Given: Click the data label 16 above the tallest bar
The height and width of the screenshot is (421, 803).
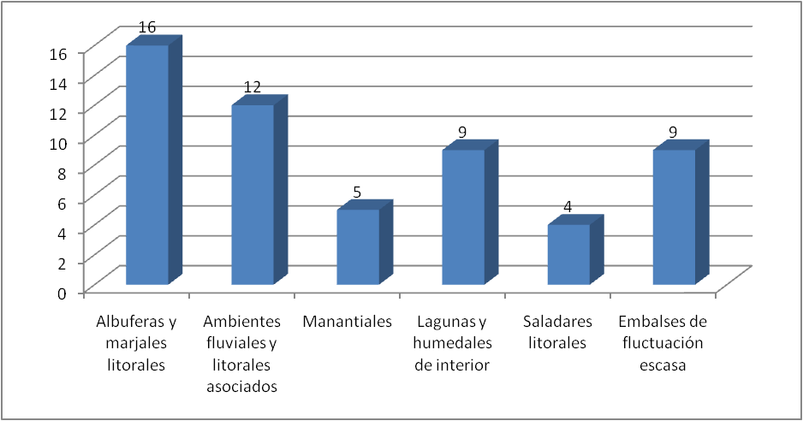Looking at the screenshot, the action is click(147, 27).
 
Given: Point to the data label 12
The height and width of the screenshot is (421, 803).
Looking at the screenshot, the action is click(252, 86).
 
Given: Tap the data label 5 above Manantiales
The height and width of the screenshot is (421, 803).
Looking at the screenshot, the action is click(357, 192).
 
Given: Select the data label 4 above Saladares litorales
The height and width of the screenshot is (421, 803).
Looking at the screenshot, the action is click(568, 206).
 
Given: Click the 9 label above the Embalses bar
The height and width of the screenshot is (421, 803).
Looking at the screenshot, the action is click(673, 132).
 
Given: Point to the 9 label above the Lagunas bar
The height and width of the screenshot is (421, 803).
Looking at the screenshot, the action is click(462, 132).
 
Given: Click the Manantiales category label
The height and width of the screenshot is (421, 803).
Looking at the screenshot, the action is click(348, 322).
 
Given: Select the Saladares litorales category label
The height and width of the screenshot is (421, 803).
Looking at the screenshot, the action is click(557, 332).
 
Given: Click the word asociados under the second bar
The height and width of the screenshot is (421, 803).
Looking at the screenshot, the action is click(241, 386).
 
